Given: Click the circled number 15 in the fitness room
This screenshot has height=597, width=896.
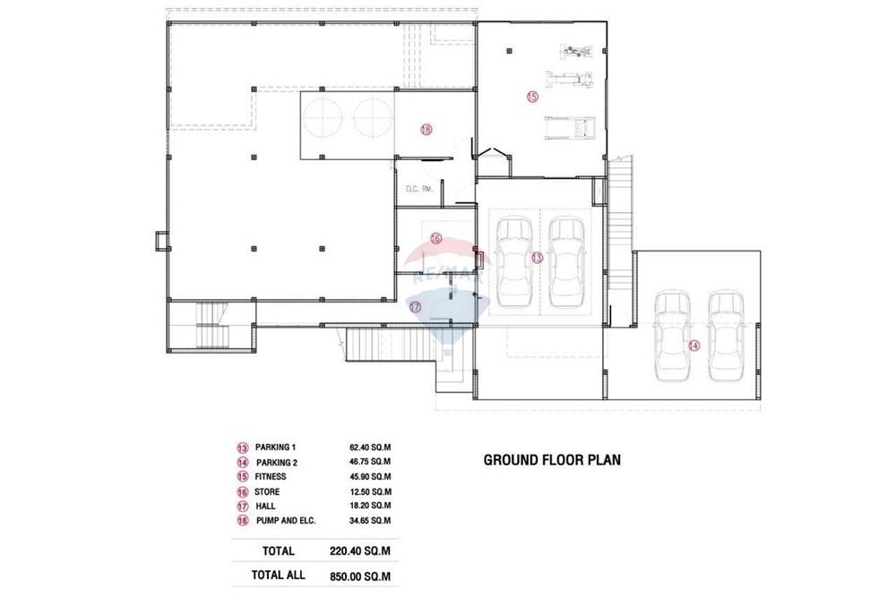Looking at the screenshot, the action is click(532, 97).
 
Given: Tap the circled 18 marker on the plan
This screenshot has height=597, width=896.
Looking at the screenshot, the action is click(426, 130).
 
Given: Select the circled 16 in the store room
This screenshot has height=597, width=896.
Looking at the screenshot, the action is click(436, 239).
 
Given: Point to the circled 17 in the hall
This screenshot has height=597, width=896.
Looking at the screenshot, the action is click(416, 307).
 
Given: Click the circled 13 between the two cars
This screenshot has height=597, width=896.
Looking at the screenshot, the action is click(537, 258).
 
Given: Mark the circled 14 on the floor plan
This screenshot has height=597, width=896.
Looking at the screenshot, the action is click(694, 345).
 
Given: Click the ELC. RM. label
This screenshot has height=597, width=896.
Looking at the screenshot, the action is click(419, 188).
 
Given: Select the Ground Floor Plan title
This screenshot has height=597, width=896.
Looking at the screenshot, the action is click(552, 460).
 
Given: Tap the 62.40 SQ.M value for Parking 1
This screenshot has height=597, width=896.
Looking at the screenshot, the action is click(370, 448).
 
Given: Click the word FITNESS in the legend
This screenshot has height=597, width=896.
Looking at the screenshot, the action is click(271, 476).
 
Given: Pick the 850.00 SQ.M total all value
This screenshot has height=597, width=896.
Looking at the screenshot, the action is click(360, 576).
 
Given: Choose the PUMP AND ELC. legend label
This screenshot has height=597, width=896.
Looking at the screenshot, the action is click(286, 521).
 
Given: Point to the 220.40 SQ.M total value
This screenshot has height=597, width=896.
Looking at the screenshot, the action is click(360, 551).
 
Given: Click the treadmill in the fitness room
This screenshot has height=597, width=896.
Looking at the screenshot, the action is click(570, 128).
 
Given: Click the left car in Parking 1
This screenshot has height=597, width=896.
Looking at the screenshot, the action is click(514, 262).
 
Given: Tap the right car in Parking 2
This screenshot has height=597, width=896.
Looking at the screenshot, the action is click(726, 337).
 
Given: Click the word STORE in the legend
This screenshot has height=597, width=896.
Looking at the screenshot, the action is click(267, 491).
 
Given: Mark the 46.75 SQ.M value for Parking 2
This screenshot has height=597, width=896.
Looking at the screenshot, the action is click(370, 462).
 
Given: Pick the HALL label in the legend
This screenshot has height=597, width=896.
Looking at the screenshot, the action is click(265, 507).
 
